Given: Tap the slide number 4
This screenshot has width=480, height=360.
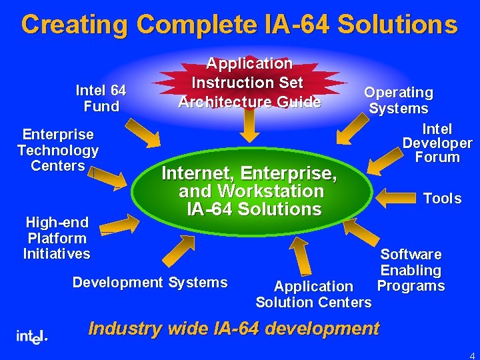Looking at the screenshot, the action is click(x=472, y=355).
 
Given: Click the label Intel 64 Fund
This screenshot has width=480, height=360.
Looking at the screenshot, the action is click(x=101, y=98).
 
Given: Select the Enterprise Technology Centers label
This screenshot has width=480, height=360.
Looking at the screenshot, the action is click(x=57, y=150).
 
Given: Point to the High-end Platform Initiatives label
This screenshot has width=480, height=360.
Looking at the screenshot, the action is click(x=57, y=238).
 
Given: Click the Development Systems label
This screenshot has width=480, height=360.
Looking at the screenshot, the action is click(x=150, y=283).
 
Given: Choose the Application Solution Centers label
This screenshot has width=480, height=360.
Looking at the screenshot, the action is click(x=313, y=295).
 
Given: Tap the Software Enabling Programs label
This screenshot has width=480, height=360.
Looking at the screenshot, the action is click(x=411, y=270).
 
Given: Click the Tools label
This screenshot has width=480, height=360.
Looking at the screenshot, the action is click(x=442, y=199).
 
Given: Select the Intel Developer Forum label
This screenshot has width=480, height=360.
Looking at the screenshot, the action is click(x=437, y=143).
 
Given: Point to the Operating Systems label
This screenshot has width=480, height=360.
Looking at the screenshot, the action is click(x=399, y=100).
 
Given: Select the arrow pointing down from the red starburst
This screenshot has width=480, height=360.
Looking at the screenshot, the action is click(x=249, y=125).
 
